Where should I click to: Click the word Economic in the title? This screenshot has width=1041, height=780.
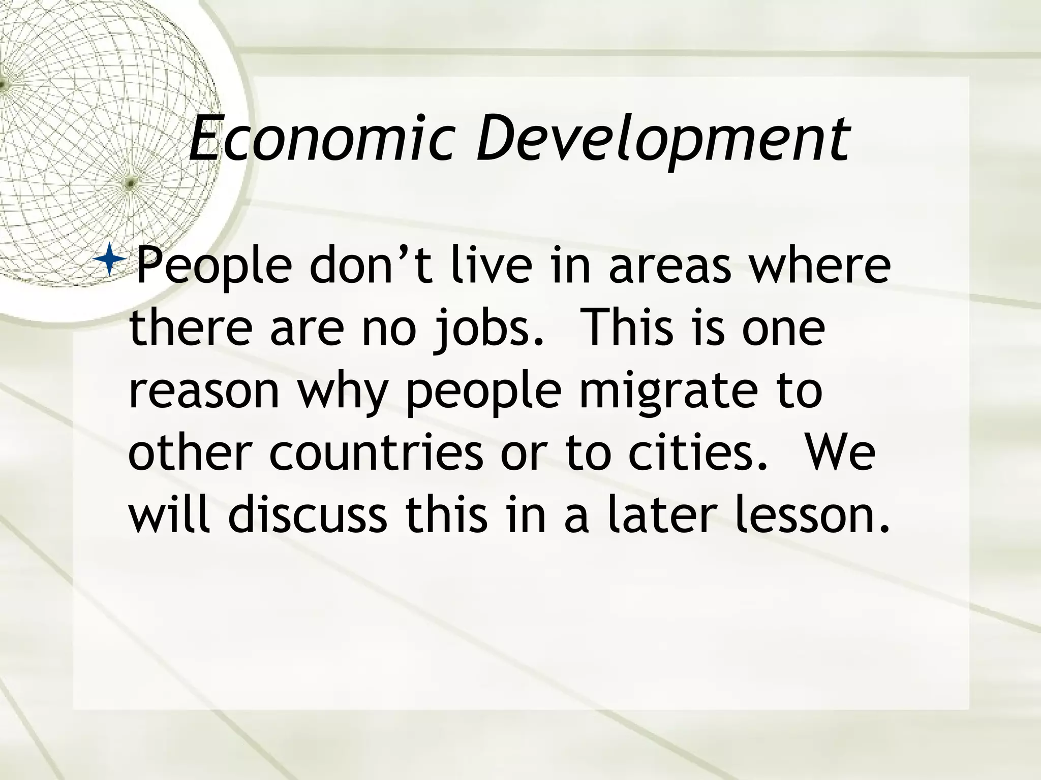(320, 138)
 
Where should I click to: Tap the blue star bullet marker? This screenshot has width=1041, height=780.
(110, 259)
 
